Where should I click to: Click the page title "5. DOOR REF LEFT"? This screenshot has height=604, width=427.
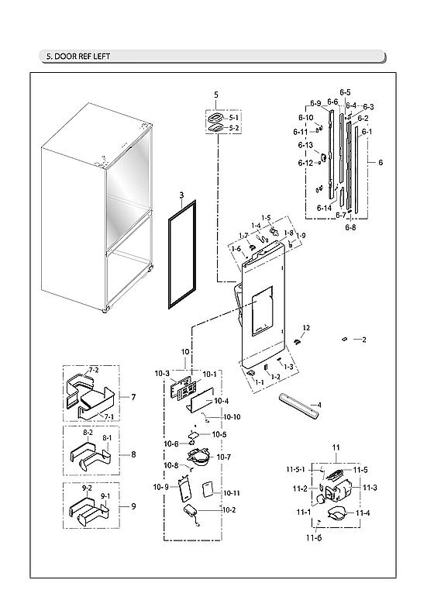(74, 57)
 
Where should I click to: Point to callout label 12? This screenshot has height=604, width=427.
(306, 328)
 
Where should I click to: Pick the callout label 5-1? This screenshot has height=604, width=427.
(234, 116)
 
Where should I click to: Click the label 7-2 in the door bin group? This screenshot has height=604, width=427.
(95, 371)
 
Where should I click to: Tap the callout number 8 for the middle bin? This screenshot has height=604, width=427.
(133, 454)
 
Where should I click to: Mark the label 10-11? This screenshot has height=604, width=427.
(232, 493)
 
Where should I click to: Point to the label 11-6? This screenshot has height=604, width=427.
(313, 538)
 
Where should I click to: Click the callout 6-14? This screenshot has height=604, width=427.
(324, 208)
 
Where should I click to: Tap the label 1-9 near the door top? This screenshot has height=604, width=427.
(300, 236)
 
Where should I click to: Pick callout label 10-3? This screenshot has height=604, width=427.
(162, 374)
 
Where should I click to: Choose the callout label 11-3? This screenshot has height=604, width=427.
(369, 487)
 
